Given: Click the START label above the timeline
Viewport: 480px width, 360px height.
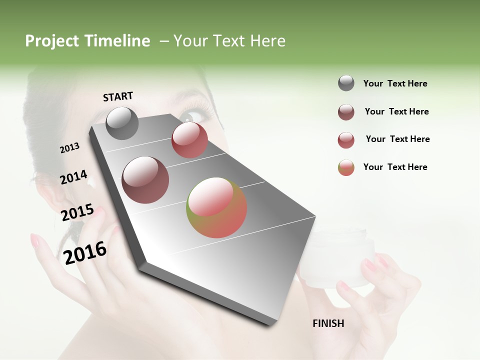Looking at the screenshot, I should coord(118,96).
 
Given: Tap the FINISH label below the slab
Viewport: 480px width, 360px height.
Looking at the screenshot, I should coord(328,323).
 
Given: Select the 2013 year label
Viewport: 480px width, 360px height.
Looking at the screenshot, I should coord(69,148).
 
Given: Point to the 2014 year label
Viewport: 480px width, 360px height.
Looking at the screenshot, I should coord(73,177).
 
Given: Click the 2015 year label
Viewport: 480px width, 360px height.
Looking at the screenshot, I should coord(77,212).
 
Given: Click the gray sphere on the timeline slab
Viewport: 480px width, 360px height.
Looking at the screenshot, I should coord(122,123).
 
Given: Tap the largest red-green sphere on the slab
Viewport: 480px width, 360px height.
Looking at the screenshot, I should coord(216,207).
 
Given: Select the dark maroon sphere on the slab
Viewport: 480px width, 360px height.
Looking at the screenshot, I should coord(145,180).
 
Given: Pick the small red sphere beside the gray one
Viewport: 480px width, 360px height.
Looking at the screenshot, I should coord(189,140).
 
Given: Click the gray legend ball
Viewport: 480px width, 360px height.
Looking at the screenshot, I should coord(346,83).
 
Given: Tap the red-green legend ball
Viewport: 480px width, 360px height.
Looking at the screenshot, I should coord(346,167).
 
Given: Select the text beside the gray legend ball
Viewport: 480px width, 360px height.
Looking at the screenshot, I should coord(395,84).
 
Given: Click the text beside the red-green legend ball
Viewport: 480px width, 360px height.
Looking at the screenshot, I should coord(395,167).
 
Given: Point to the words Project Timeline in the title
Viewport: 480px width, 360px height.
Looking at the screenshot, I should coord(87,41).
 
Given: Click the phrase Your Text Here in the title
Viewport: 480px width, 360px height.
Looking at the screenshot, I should coord(229,41).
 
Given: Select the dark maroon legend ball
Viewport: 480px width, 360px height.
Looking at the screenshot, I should coord(346,112).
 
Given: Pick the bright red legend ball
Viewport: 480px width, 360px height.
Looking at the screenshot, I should coord(346,140).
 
